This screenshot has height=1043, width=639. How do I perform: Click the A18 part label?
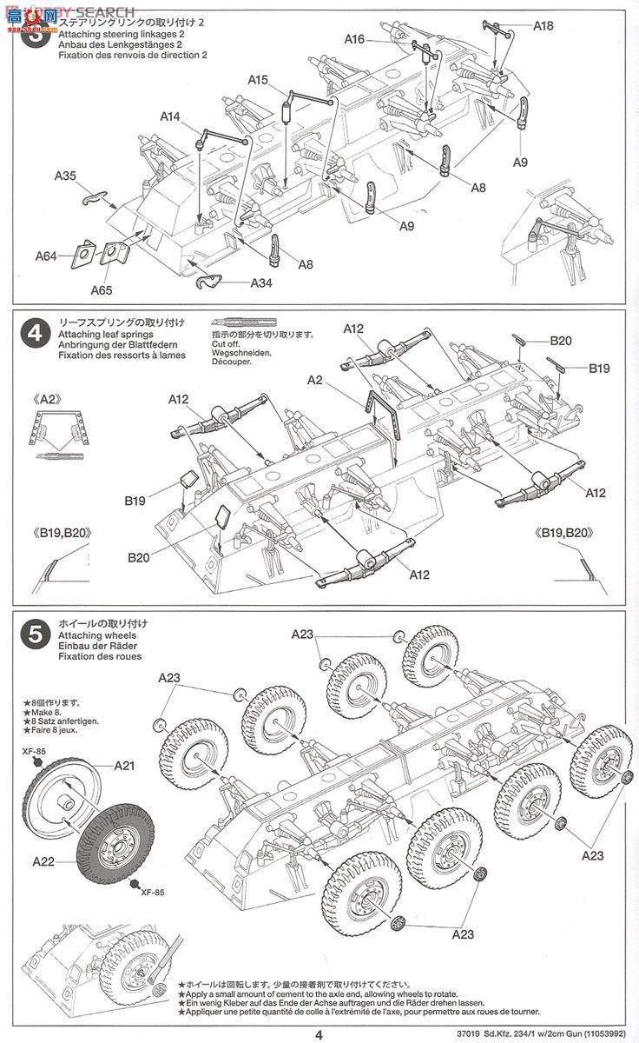click(543, 26)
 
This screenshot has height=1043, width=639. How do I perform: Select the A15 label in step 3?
click(258, 80)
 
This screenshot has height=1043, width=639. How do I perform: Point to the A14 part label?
click(170, 116)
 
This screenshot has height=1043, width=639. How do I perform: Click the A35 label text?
click(65, 176)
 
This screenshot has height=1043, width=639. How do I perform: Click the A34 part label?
click(262, 283)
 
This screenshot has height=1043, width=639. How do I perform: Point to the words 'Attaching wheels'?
click(89, 634)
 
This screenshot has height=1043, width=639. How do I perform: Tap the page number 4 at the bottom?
click(319, 1033)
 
